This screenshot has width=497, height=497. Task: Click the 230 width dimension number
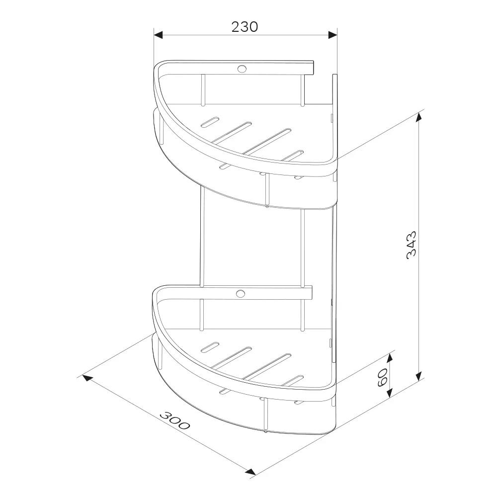245,27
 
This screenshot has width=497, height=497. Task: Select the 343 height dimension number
412,245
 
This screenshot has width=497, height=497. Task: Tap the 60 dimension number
383,378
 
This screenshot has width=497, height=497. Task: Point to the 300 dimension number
174,420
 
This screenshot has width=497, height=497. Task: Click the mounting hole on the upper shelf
242,68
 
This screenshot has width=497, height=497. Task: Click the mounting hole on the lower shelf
241,294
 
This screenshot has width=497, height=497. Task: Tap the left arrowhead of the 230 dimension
158,35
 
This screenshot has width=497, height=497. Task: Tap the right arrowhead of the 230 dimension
332,35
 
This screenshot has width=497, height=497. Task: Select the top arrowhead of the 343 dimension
419,117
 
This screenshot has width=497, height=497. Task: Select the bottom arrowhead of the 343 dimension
419,376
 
